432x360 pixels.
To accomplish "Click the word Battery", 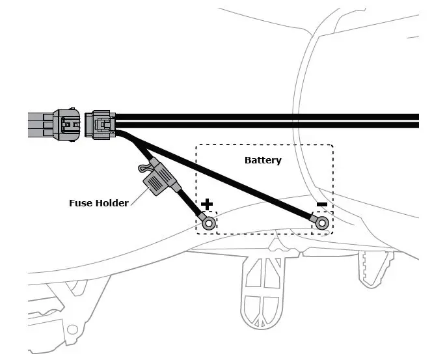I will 263,160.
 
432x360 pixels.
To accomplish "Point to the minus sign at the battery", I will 321,205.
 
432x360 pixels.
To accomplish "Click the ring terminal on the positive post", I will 209,223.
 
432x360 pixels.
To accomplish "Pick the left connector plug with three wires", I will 67,124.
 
